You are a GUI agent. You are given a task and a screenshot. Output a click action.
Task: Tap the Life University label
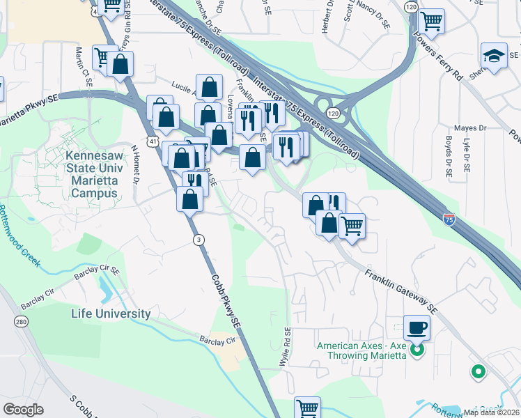point(111,313)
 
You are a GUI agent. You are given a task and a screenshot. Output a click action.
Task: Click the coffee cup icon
point(417,327)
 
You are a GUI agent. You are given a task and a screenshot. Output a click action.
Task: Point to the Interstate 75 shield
point(449,219)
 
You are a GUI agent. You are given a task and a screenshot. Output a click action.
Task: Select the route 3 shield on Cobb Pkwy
point(199,240)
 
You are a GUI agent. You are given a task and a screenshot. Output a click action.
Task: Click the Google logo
point(24,410)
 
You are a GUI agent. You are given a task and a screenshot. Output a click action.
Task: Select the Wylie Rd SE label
point(287,343)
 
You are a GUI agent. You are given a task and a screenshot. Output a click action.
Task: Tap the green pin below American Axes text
point(478,372)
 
